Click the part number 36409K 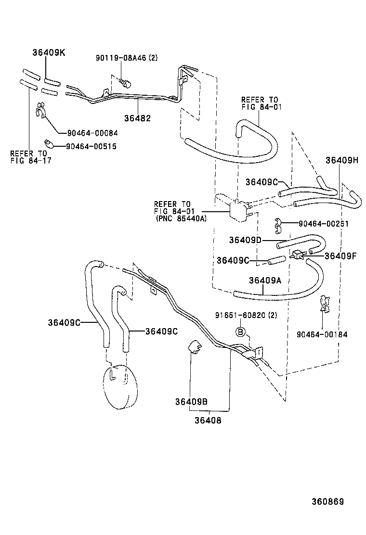[x=49, y=52]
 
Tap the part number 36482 [x=138, y=117]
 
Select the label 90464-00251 [x=323, y=224]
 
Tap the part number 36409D [x=245, y=240]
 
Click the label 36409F [x=340, y=256]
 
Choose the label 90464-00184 [x=322, y=334]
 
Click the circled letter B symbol [x=240, y=331]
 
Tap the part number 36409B [x=191, y=402]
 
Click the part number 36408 [x=208, y=420]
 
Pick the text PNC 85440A [x=181, y=218]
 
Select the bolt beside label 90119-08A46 [x=126, y=84]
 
